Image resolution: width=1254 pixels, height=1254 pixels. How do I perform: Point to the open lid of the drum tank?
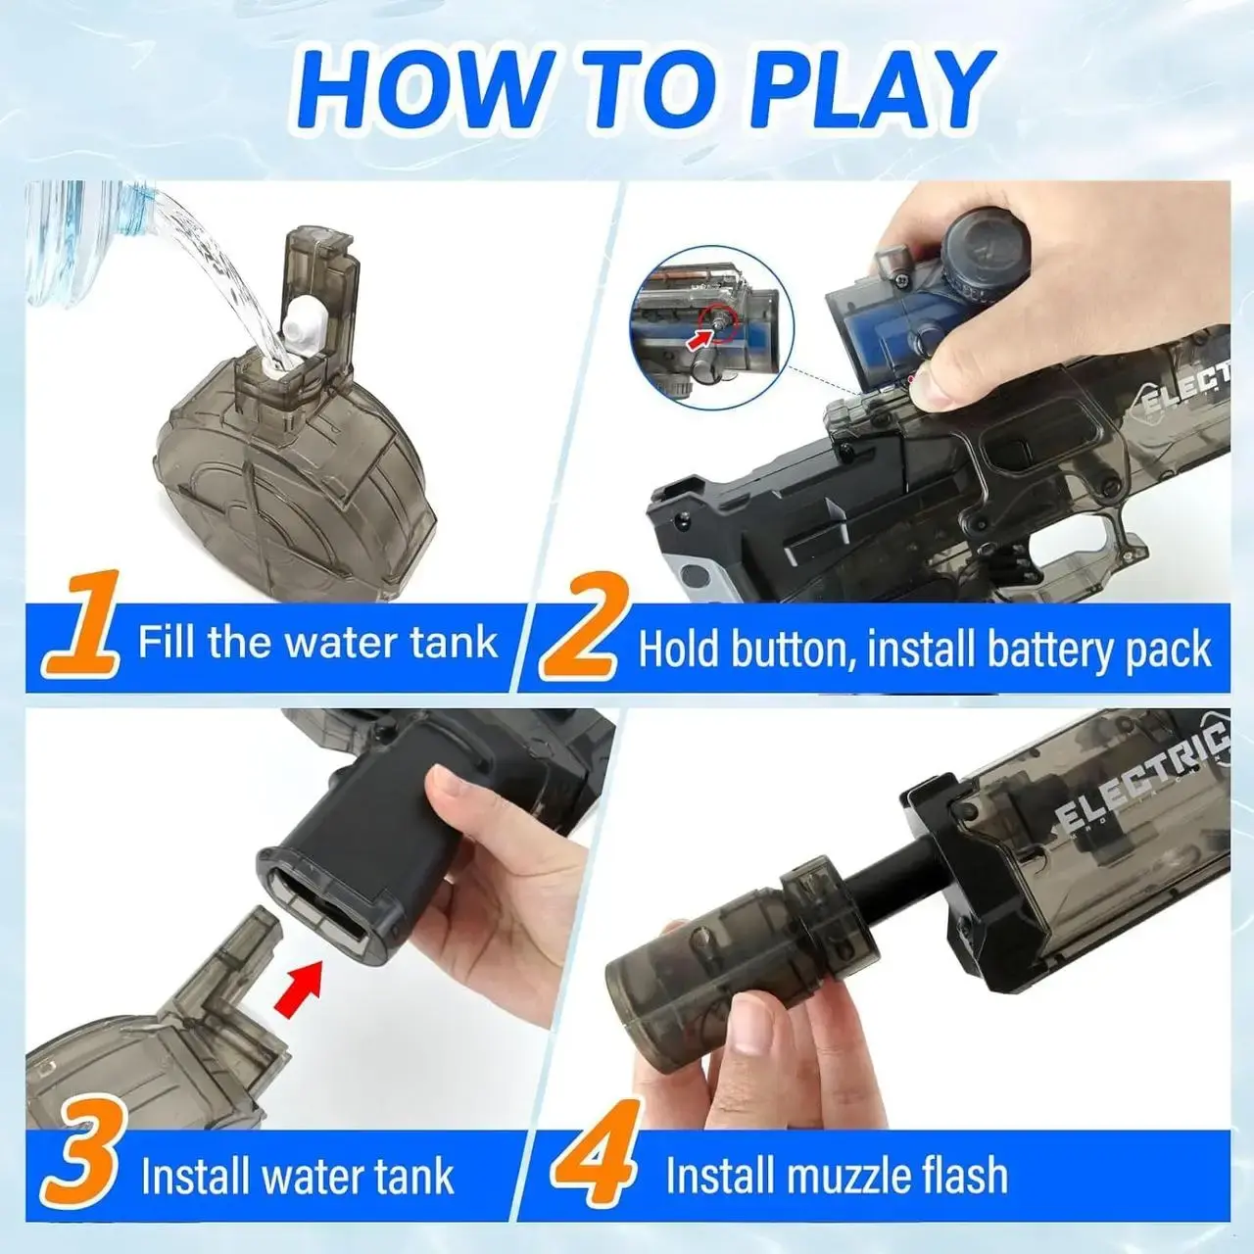(x=321, y=280)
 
